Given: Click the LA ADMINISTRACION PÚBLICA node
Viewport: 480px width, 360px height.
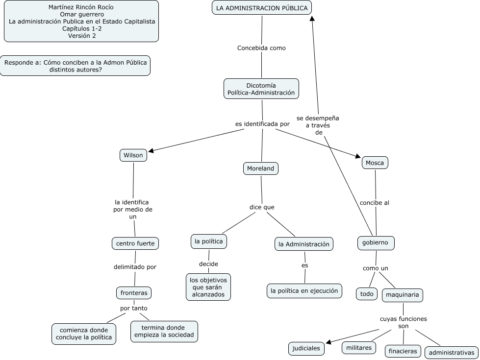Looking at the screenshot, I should pos(262,8).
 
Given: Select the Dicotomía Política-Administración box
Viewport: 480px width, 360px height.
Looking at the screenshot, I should pos(261,89).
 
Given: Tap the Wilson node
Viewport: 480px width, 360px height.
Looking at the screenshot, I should pos(133,155).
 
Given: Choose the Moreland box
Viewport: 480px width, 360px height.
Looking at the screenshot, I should pos(261,168).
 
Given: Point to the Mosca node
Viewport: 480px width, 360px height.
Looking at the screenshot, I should pos(375,163).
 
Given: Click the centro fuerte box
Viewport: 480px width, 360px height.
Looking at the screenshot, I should pos(135,243).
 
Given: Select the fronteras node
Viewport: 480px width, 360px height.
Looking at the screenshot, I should pos(134,293).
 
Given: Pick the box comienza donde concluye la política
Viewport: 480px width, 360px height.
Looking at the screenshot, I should pos(83,333).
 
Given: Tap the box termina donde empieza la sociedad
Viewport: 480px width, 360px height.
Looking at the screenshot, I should pos(164,331).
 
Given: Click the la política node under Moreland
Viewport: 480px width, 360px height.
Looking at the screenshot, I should pos(209,241).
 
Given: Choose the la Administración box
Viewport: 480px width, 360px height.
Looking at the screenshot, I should pos(304,244).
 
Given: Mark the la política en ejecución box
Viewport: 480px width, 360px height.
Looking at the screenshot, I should pos(304,290).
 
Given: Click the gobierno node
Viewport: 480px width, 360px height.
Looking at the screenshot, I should pos(376,242).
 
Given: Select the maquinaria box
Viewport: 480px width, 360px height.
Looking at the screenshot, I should pos(402,295).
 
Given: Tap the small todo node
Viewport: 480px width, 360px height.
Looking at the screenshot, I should pos(367,294).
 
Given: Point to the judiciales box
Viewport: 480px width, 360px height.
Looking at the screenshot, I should pos(306,348).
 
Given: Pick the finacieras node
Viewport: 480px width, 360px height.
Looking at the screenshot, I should pos(403,351).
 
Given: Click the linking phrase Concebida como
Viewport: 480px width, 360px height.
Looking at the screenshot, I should pos(261,48).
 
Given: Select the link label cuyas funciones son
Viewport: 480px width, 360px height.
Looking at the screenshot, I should pos(403,322).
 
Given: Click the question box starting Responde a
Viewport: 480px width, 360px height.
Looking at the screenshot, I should pos(75,66).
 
